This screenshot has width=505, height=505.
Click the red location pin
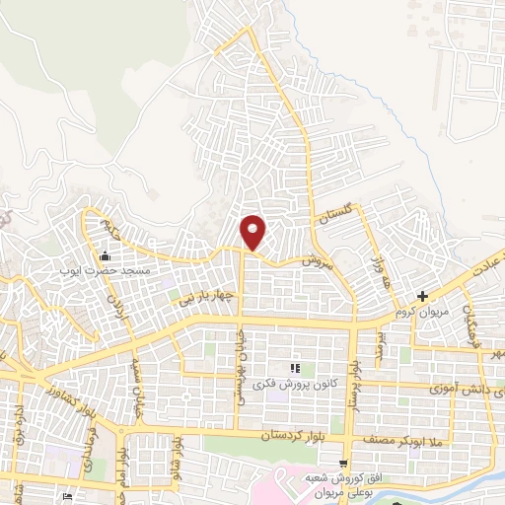point(253,231)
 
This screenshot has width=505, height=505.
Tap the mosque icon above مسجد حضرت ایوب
point(104,257)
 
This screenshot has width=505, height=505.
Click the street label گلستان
point(335,215)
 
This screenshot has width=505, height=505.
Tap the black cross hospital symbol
point(422,296)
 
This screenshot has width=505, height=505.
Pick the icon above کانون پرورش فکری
point(294,368)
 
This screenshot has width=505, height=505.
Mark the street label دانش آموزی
point(464,391)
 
